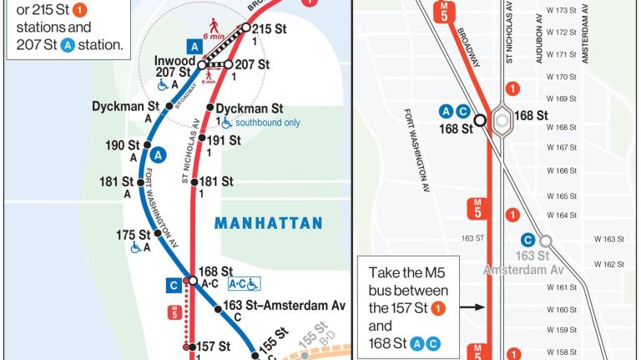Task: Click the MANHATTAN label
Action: (268, 223)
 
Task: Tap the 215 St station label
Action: (269, 29)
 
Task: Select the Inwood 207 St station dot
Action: (201, 65)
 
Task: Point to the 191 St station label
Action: (224, 139)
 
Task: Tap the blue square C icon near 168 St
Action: (174, 286)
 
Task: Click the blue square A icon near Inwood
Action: (194, 48)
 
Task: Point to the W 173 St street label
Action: (562, 10)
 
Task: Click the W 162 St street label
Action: (608, 264)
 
